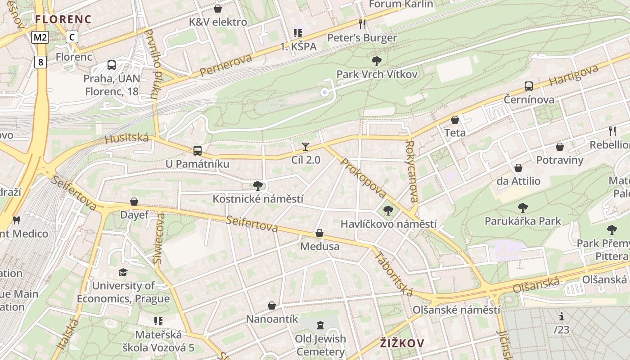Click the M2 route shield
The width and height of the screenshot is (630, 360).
tap(40, 37)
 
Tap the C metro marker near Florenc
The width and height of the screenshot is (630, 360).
tap(72, 37)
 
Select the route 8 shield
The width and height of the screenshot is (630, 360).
tap(40, 62)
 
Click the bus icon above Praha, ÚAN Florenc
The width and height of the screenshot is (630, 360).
tap(112, 65)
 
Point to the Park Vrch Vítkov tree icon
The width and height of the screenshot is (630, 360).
tap(377, 61)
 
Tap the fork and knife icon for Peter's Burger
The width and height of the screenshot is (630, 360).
tap(362, 24)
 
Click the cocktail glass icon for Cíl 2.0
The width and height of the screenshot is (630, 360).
tap(306, 146)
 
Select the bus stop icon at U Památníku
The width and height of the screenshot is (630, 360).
tap(197, 151)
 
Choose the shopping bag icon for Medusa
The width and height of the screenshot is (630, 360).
tap(319, 233)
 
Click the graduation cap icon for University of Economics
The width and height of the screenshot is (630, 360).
tap(123, 272)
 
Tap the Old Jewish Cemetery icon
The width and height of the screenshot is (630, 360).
tap(320, 325)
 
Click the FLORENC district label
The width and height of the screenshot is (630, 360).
tap(63, 19)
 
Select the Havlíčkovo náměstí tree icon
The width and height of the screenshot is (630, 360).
tap(388, 210)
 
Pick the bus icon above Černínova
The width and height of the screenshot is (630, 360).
tap(529, 86)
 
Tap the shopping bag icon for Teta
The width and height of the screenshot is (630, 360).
tap(455, 120)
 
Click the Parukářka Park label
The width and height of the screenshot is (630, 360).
tap(522, 221)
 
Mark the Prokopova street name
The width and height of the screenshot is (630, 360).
tap(364, 178)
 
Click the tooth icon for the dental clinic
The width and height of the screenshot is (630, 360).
tap(17, 220)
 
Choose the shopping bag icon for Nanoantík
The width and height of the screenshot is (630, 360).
tap(272, 306)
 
